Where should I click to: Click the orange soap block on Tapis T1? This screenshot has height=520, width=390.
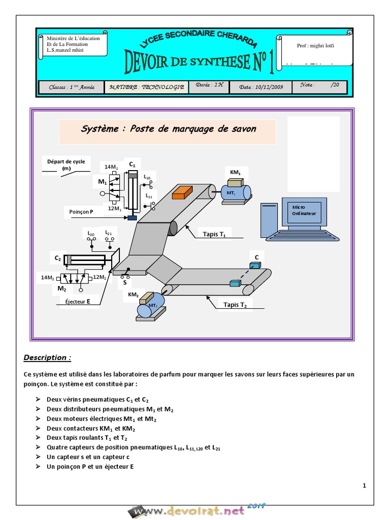[181, 192]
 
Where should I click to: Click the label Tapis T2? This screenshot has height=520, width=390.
[235, 305]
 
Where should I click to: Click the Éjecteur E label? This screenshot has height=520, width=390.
[78, 301]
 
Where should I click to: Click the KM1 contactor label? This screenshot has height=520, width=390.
[235, 172]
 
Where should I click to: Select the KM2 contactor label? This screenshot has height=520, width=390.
[133, 295]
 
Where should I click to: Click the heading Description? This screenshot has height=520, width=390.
[47, 357]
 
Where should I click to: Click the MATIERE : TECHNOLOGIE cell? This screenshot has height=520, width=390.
[147, 87]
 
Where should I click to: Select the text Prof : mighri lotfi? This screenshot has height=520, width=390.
[315, 46]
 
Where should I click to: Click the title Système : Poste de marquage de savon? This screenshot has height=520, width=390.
[169, 129]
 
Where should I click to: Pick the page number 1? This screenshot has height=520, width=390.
[364, 486]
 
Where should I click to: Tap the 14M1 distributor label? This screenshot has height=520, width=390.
[111, 167]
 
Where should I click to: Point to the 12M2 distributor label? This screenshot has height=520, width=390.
[100, 277]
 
